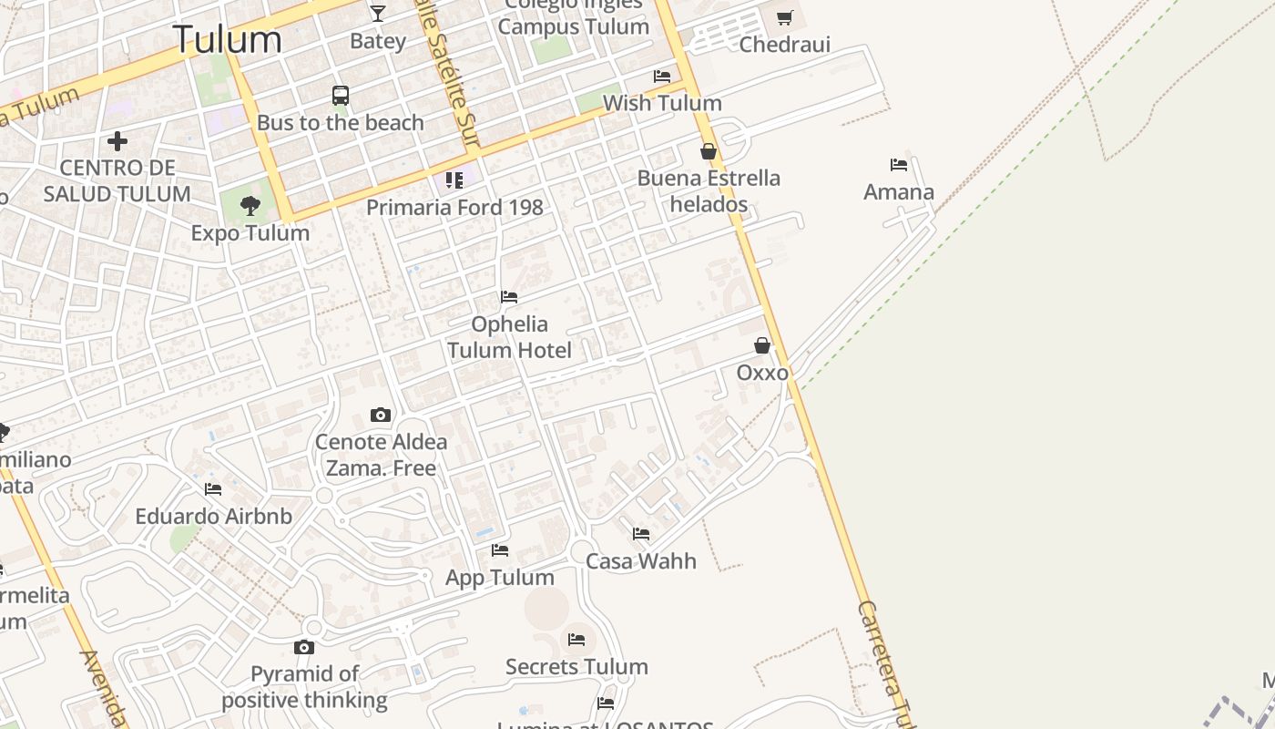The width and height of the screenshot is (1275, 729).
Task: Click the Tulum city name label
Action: pyautogui.click(x=227, y=39)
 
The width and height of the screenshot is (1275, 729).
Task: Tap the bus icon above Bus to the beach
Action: pyautogui.click(x=341, y=96)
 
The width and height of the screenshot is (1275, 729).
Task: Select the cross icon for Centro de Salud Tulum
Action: pyautogui.click(x=117, y=141)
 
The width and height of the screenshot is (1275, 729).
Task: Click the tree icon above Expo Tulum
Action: pyautogui.click(x=250, y=206)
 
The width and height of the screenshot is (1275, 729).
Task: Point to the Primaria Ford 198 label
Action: pyautogui.click(x=454, y=207)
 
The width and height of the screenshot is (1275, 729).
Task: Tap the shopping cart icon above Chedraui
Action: pyautogui.click(x=785, y=17)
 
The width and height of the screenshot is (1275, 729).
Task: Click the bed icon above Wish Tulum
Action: pyautogui.click(x=662, y=77)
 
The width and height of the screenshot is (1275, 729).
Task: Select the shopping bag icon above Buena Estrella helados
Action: pyautogui.click(x=709, y=151)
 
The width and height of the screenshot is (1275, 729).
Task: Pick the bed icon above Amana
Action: pyautogui.click(x=899, y=165)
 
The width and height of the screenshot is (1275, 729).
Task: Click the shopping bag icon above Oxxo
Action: pyautogui.click(x=762, y=345)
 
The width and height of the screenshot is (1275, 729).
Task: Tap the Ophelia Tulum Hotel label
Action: pyautogui.click(x=509, y=337)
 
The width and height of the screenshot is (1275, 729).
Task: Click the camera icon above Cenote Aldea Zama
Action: pyautogui.click(x=381, y=416)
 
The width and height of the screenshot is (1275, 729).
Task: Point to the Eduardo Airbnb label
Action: pyautogui.click(x=214, y=517)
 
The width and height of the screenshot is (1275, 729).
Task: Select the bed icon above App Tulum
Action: pyautogui.click(x=500, y=550)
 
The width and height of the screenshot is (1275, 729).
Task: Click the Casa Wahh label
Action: pyautogui.click(x=641, y=561)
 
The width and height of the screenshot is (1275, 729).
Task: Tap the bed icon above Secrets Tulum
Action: pyautogui.click(x=576, y=640)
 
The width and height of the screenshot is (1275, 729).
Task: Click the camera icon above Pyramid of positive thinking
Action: pyautogui.click(x=304, y=648)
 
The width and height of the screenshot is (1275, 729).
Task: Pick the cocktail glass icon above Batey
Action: pyautogui.click(x=378, y=14)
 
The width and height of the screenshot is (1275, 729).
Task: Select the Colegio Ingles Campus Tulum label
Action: pyautogui.click(x=574, y=16)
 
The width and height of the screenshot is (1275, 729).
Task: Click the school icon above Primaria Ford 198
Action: pyautogui.click(x=454, y=180)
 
